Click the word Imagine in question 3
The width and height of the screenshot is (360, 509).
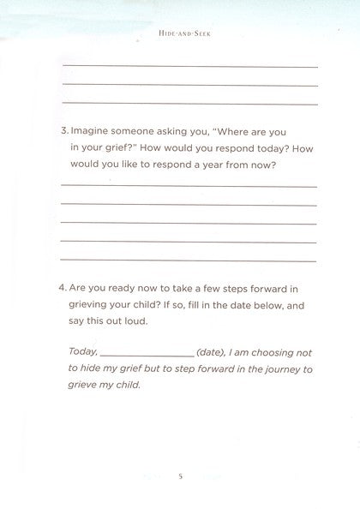point(92,133)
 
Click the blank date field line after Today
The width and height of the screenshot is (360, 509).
point(147,354)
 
